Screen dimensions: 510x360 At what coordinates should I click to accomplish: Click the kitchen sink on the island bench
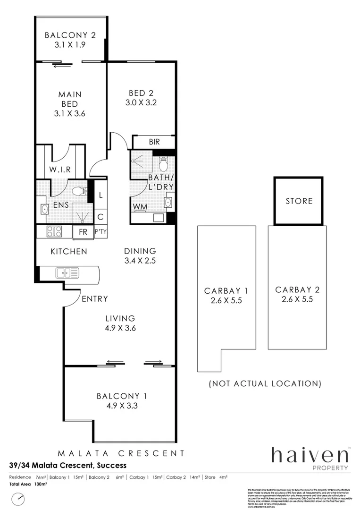click(x=67, y=272)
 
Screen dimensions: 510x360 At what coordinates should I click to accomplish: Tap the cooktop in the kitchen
click(x=54, y=231)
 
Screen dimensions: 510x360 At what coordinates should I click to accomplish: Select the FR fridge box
click(x=83, y=232)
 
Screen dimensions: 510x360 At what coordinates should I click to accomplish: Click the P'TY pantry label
click(x=100, y=232)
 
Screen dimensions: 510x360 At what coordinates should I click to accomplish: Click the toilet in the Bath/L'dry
click(x=163, y=164)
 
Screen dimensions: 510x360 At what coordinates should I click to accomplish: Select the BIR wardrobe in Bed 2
click(x=154, y=142)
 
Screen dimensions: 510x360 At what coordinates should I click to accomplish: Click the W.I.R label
click(x=60, y=170)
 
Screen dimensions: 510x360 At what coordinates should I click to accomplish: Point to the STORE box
click(x=299, y=201)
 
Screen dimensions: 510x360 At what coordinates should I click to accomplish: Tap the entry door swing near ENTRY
click(x=72, y=297)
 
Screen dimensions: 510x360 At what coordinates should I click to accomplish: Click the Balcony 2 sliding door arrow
click(x=61, y=66)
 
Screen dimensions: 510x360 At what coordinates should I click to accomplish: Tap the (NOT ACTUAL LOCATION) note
click(x=265, y=383)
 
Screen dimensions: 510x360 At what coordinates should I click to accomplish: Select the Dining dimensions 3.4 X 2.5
click(x=140, y=260)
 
